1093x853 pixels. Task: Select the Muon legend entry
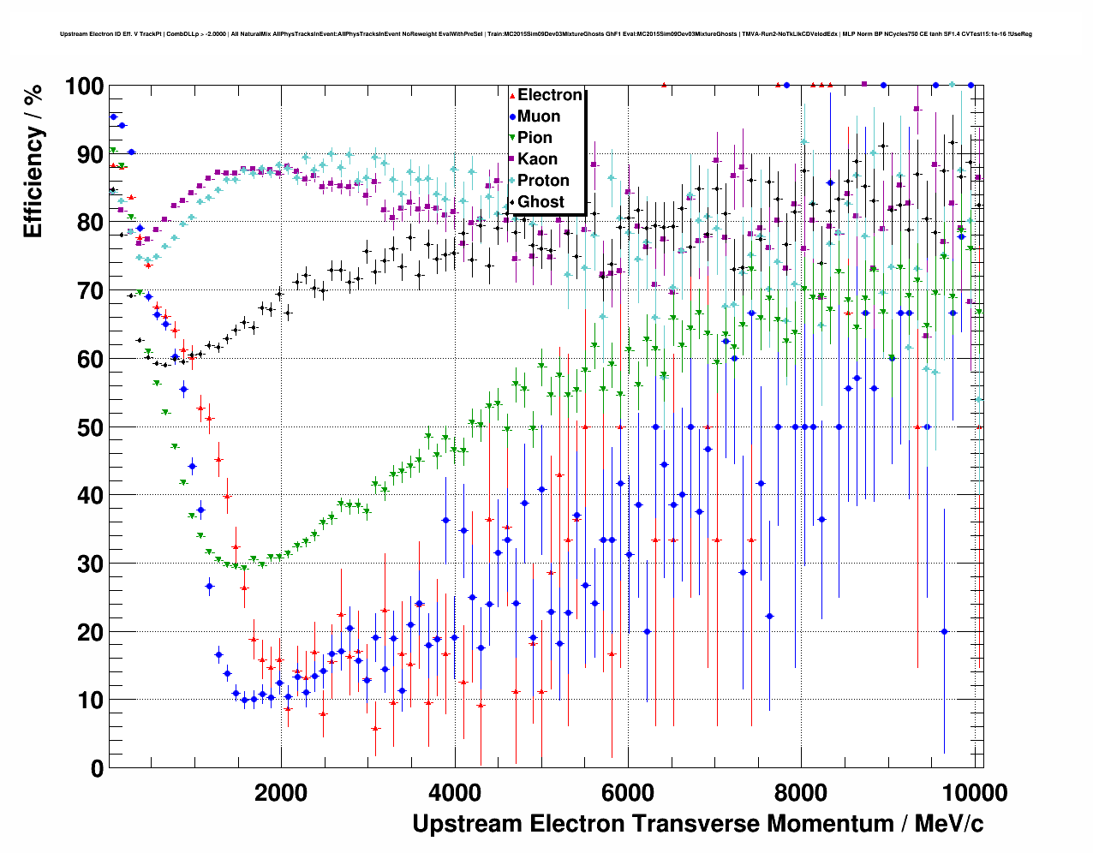(x=539, y=116)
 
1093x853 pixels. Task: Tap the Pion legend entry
(x=535, y=138)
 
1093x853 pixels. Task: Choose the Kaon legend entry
(x=537, y=159)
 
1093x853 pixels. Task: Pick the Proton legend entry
(x=543, y=181)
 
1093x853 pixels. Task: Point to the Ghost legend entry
(x=541, y=202)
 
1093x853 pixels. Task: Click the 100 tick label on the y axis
(x=84, y=86)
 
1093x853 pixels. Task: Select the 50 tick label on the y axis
(x=90, y=427)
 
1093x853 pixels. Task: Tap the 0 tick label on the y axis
(x=97, y=768)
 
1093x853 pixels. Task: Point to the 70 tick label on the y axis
(x=90, y=291)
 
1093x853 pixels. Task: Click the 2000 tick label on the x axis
(x=280, y=792)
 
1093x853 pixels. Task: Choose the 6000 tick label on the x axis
(x=628, y=792)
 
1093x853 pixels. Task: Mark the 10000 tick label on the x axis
(x=974, y=792)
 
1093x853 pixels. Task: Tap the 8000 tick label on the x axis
(x=801, y=792)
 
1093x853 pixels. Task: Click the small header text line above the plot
(x=546, y=34)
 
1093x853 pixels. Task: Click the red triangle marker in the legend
(x=512, y=95)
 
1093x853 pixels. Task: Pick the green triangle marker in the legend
(x=512, y=138)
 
